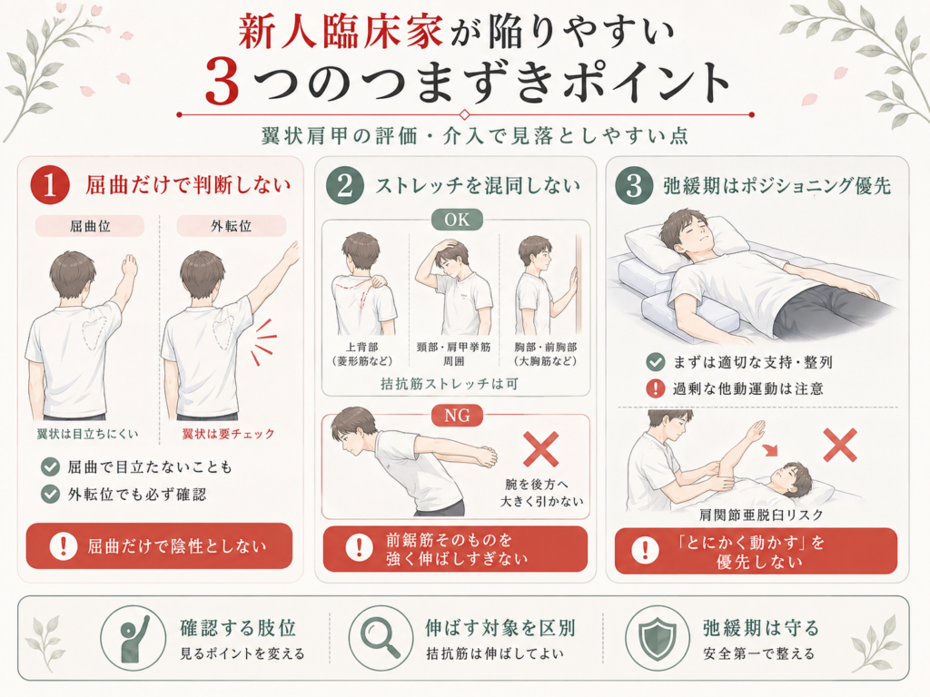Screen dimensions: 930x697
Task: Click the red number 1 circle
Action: (x=50, y=185)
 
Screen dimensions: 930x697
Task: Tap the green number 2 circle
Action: (x=344, y=185)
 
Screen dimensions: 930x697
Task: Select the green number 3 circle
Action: (x=634, y=185)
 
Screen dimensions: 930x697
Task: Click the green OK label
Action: (x=457, y=220)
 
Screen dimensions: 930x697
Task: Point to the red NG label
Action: (x=457, y=416)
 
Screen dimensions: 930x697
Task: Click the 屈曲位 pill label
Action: (x=90, y=226)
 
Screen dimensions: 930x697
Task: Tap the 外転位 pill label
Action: (x=232, y=226)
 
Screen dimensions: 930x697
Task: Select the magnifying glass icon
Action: (x=381, y=637)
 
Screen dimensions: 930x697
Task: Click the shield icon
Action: (x=658, y=637)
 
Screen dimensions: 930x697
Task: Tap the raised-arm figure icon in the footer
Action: (x=133, y=638)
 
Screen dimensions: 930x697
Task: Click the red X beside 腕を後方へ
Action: (x=541, y=449)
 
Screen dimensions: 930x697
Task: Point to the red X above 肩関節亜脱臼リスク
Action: (x=840, y=445)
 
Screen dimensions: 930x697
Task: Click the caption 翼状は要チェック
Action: (x=228, y=434)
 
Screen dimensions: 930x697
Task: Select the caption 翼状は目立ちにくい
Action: (x=88, y=434)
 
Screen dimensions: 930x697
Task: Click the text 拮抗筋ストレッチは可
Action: (x=450, y=384)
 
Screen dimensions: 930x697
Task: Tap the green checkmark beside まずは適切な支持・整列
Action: (x=656, y=361)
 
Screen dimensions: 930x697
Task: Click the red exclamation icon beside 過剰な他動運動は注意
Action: (x=656, y=388)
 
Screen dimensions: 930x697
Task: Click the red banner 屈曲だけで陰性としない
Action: (x=159, y=545)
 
